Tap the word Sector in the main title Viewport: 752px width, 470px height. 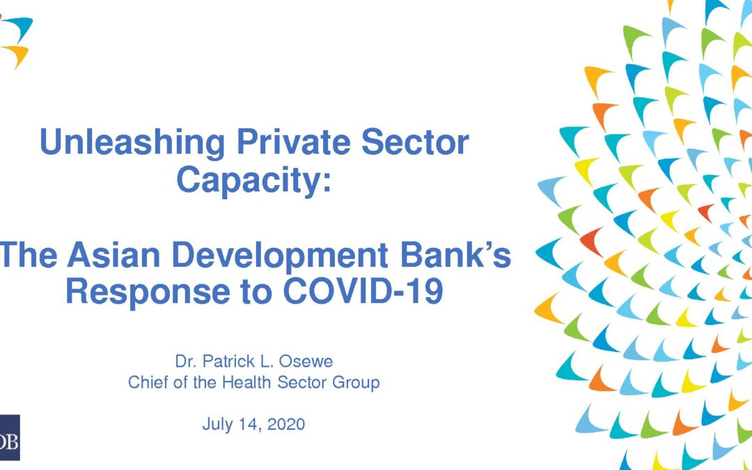(x=415, y=142)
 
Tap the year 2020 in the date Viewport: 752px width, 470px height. (x=286, y=424)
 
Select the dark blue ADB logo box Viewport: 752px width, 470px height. (x=10, y=437)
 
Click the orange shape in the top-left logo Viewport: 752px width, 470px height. (x=17, y=55)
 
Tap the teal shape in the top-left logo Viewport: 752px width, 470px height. (x=18, y=29)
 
